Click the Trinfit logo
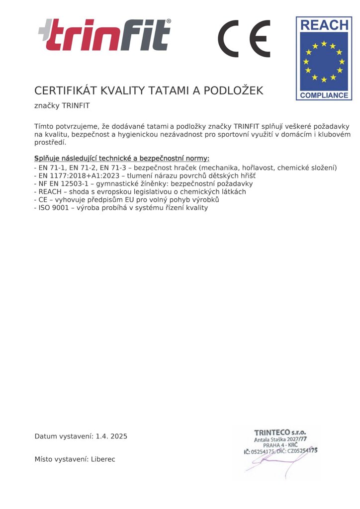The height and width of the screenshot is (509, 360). coord(104,35)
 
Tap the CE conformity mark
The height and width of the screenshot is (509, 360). coord(244,39)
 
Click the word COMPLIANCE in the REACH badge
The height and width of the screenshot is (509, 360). coord(324,94)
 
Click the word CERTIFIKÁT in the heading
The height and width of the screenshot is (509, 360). coord(66,90)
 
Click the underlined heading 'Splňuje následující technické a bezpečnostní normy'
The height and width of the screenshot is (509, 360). coord(122,159)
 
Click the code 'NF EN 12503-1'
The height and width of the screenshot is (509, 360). coord(61,183)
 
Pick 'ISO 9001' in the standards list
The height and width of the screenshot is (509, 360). coord(52,208)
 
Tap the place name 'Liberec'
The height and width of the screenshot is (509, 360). coord(103,459)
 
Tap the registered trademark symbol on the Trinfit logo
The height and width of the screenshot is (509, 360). coord(168,22)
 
